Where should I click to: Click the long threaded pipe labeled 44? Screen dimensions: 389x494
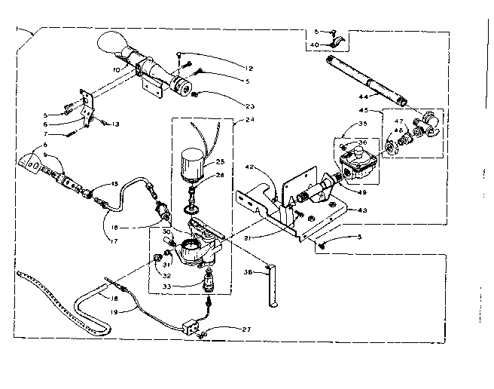(364, 77)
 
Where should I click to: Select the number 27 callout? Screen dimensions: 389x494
(225, 330)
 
